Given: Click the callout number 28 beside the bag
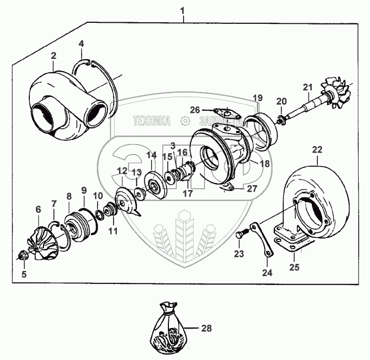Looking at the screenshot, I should [x=206, y=328].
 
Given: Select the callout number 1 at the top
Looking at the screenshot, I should [x=183, y=11].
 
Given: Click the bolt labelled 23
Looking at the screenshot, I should [x=241, y=235].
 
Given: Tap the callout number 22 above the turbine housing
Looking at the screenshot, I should [x=317, y=149].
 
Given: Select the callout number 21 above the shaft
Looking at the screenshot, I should [x=308, y=87].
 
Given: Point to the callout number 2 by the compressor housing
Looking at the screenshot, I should [x=54, y=55].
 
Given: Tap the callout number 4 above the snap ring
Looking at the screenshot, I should [x=81, y=43].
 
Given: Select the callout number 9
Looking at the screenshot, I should [x=84, y=190].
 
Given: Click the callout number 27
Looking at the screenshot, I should [x=252, y=189].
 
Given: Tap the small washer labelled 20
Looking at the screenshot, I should [x=281, y=118].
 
